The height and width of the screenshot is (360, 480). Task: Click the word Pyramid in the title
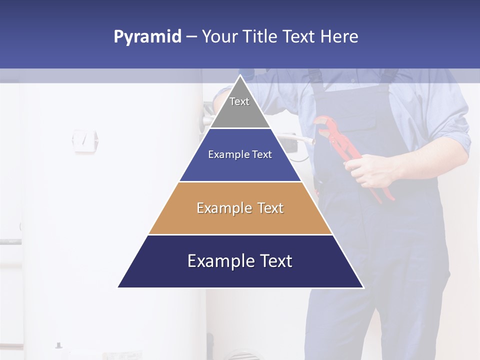click(x=147, y=37)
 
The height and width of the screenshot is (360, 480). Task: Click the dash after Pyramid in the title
click(x=191, y=37)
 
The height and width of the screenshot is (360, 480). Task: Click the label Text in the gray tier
click(x=239, y=101)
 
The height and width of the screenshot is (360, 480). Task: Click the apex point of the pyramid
click(x=240, y=76)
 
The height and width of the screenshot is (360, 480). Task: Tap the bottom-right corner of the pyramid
click(x=363, y=287)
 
